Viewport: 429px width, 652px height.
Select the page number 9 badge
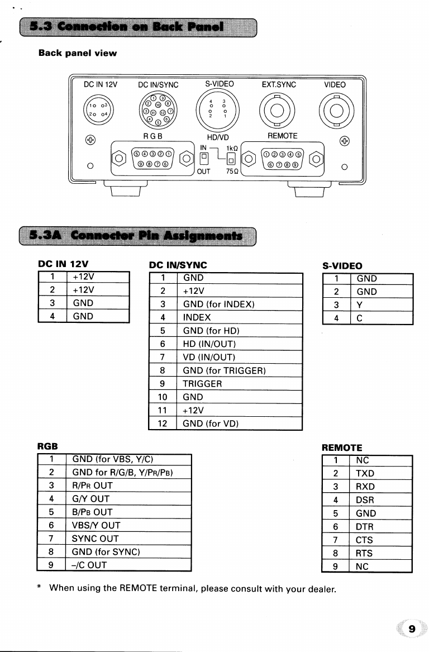412,630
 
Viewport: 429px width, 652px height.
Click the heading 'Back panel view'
78,54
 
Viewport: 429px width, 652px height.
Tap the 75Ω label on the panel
232,172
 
